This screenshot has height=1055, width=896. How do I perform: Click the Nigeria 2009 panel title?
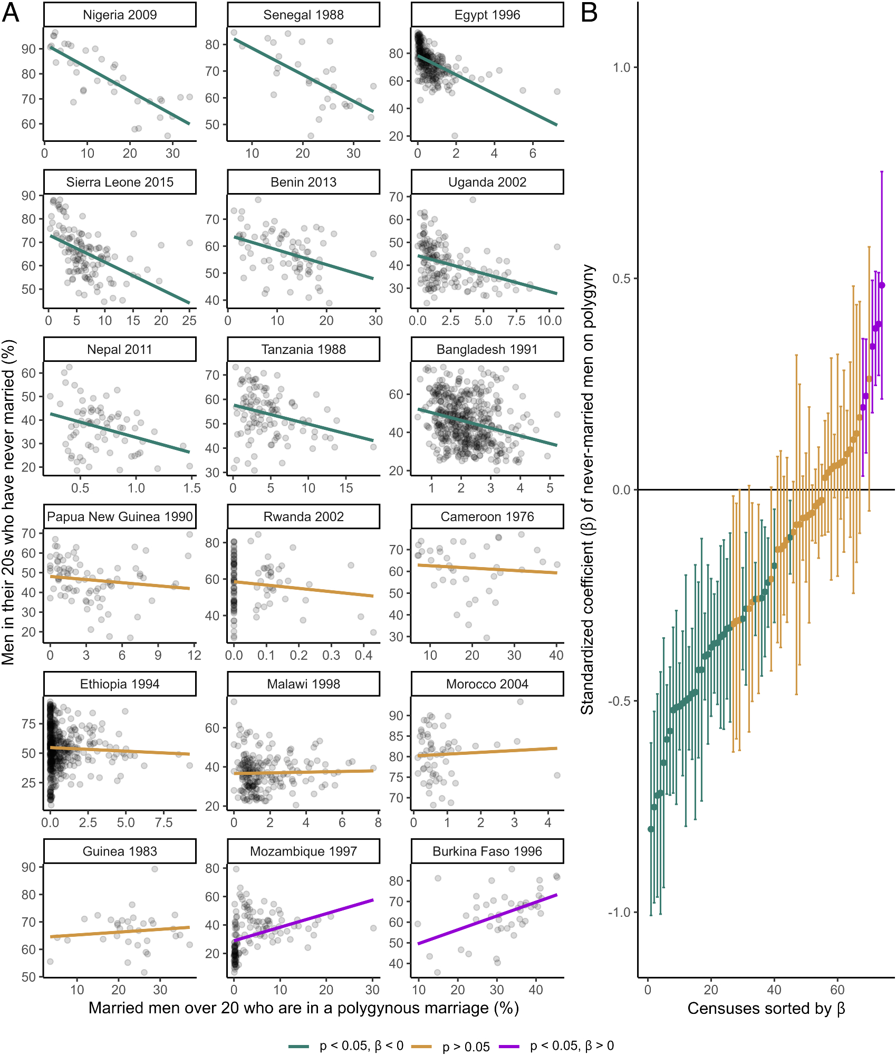pos(120,15)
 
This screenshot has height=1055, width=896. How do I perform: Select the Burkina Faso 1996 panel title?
pos(487,851)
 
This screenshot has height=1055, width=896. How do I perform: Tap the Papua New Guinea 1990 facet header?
pos(120,516)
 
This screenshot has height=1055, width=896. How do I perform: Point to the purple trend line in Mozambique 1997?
pos(303,920)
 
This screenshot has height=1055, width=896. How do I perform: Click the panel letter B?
pos(589,13)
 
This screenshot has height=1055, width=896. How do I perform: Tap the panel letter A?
pos(11,13)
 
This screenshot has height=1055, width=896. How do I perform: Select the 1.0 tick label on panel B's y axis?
pos(622,68)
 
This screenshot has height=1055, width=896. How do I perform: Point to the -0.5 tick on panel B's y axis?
pos(620,701)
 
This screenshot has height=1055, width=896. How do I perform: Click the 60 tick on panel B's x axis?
pos(837,990)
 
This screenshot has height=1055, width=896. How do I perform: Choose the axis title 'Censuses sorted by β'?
pos(766,1009)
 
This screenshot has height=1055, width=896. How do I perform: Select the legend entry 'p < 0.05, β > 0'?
pos(572,1046)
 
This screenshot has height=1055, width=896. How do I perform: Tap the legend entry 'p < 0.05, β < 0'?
pos(361,1046)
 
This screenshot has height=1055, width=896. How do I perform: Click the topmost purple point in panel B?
pos(882,285)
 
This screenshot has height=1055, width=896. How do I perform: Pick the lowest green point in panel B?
pos(651,829)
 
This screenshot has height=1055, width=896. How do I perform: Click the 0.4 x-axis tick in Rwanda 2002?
pos(363,655)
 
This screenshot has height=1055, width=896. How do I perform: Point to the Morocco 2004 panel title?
pos(487,684)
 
